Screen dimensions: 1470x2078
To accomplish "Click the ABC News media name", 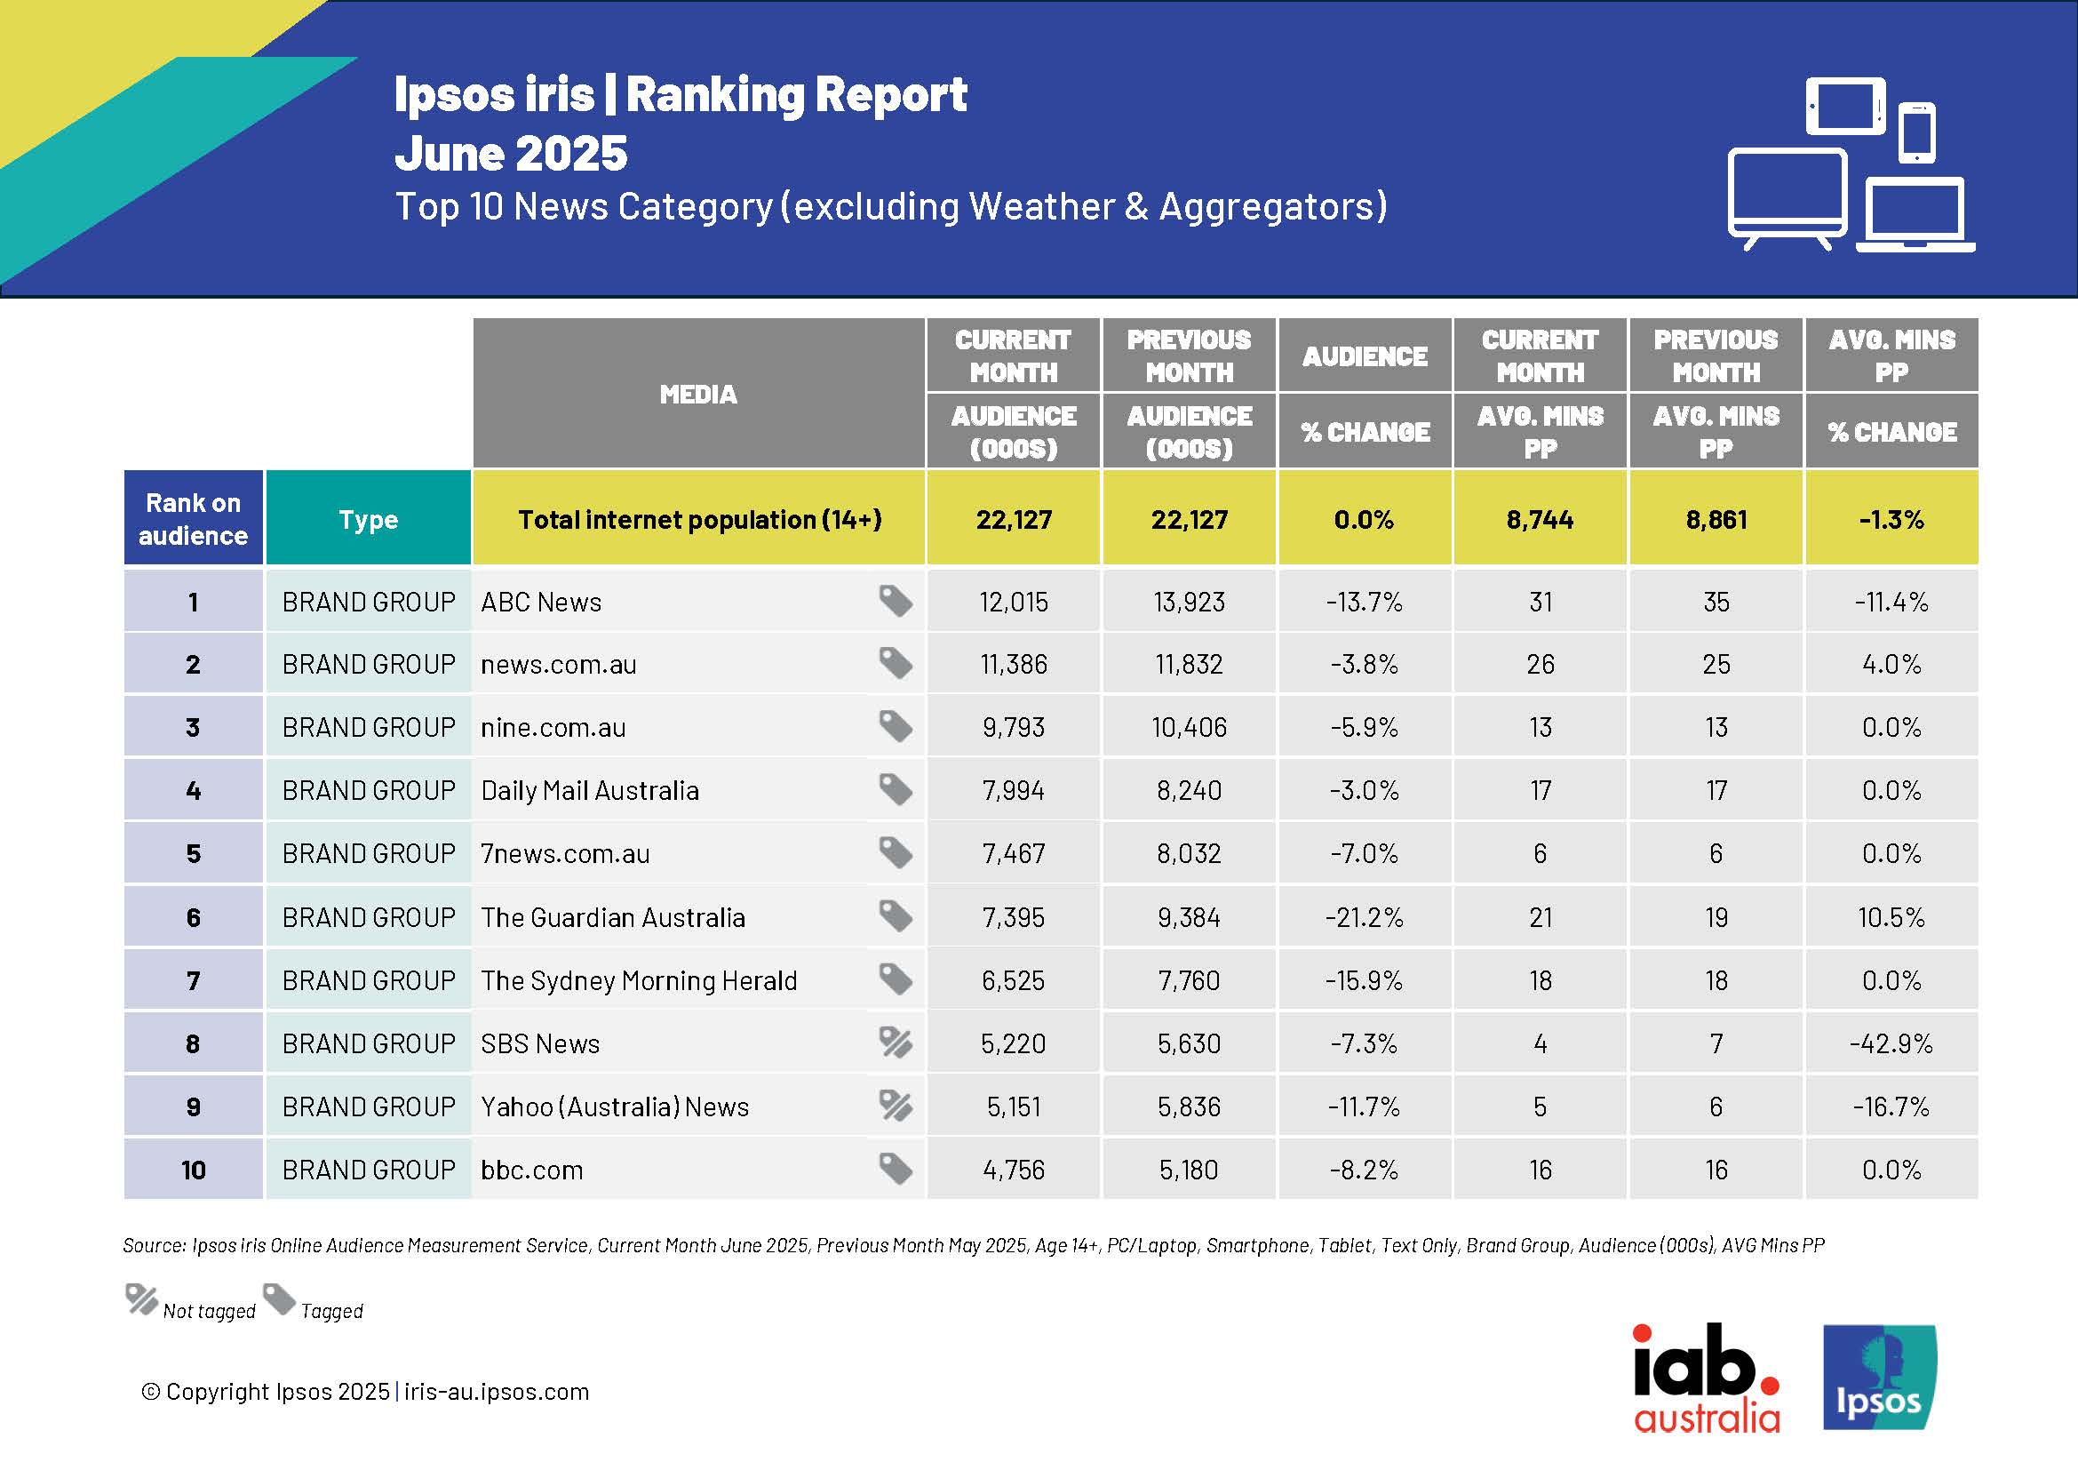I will tap(540, 602).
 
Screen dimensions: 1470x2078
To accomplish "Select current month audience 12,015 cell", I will tap(1013, 602).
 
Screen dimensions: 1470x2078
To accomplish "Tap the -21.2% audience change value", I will tap(1363, 918).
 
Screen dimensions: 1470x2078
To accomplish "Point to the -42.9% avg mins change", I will tap(1891, 1043).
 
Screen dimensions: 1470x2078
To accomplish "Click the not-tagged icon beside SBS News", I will tap(896, 1043).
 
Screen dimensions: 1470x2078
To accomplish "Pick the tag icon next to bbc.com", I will tap(896, 1169).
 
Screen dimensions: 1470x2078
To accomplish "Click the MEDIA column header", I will tap(697, 394).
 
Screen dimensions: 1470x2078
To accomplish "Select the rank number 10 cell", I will tap(193, 1170).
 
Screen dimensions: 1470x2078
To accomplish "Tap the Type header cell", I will tap(369, 520).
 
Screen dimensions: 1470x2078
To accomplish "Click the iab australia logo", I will tap(1706, 1378).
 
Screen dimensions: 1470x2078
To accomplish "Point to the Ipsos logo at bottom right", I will tap(1878, 1377).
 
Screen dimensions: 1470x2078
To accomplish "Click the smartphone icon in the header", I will tap(1916, 133).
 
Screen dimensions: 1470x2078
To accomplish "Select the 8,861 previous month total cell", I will tap(1715, 520).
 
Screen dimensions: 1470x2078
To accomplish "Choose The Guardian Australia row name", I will tap(613, 918).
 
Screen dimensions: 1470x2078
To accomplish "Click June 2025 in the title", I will tap(511, 153).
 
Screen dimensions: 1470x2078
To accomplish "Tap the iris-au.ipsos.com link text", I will tap(496, 1391).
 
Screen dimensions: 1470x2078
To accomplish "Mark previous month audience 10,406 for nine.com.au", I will tap(1189, 728).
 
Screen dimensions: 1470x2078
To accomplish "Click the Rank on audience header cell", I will tap(193, 520).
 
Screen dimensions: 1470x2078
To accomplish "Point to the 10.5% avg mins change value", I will tap(1891, 918).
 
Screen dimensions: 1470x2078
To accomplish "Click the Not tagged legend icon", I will tap(141, 1301).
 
